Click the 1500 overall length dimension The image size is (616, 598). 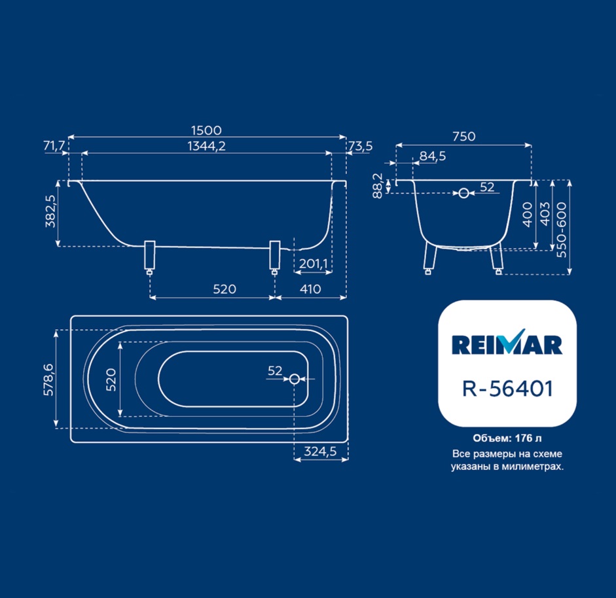coord(206,130)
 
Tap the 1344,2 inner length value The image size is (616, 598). coord(207,146)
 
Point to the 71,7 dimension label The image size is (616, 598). coord(54,146)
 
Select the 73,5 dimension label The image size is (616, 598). coord(360,146)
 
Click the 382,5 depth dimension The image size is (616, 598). coord(50,211)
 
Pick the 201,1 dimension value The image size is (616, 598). coord(313,264)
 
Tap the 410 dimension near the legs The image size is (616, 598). coord(310,289)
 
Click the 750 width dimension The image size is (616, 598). coord(464,137)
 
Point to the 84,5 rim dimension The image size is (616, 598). coord(433,156)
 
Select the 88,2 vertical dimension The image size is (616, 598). coord(378,186)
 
